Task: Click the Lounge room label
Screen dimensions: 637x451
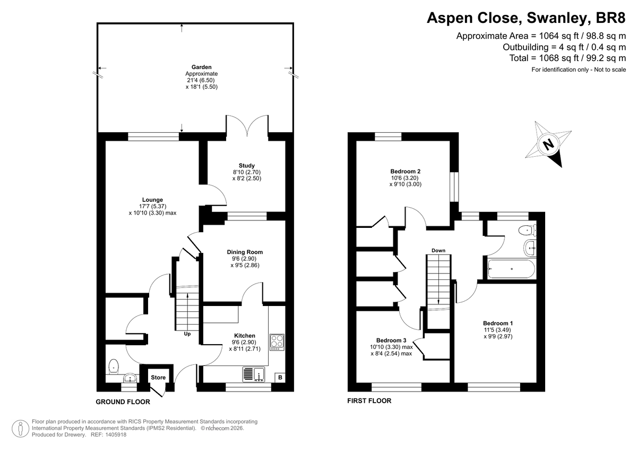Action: click(152, 200)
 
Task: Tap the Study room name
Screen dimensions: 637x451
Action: click(246, 165)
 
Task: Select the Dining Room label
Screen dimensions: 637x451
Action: click(245, 252)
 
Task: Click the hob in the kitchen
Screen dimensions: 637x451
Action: click(277, 342)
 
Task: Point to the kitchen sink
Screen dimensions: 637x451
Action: click(254, 374)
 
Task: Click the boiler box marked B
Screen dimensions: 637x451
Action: click(280, 378)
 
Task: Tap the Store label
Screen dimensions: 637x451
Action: click(158, 377)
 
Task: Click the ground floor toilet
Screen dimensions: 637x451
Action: click(114, 367)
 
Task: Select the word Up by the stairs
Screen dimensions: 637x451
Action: click(187, 334)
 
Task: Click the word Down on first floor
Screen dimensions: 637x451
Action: click(438, 250)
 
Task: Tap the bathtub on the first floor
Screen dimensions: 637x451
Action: click(511, 269)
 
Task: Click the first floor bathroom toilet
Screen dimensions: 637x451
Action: click(528, 230)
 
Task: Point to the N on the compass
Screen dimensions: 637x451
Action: click(548, 144)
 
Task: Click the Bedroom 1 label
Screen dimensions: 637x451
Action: click(498, 323)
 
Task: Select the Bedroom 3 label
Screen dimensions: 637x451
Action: click(391, 341)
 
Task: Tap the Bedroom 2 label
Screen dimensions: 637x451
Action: click(405, 171)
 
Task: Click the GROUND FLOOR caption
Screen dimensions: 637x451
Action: click(123, 402)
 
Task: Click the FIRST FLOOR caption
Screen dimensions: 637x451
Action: click(369, 401)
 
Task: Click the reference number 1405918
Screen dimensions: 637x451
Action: click(116, 435)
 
